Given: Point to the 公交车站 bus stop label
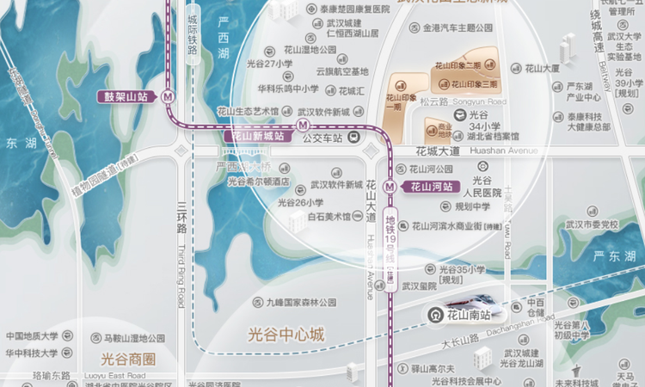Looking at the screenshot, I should pos(326,138).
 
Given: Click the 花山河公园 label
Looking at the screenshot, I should pos(434,169).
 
